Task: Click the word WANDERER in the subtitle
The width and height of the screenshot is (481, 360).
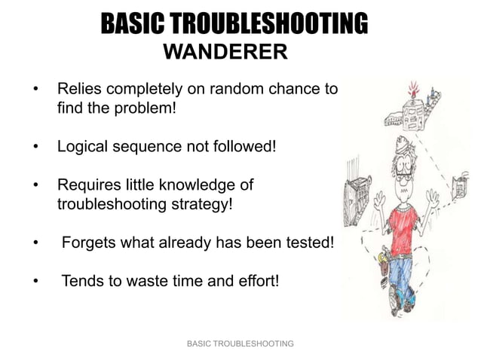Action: tap(225, 53)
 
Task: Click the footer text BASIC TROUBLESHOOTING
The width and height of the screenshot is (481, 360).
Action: tap(240, 343)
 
